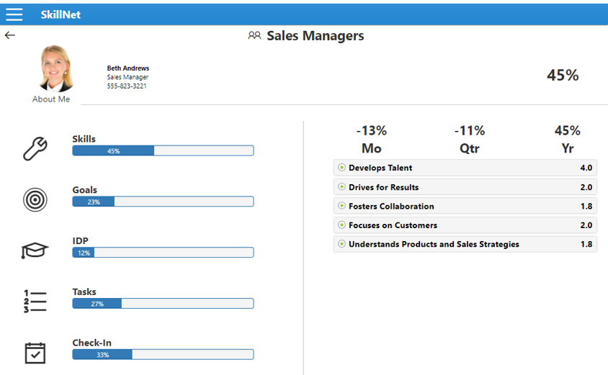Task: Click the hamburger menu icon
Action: click(x=14, y=14)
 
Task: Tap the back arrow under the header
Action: click(x=10, y=35)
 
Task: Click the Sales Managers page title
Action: click(x=315, y=36)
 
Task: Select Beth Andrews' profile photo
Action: click(x=55, y=68)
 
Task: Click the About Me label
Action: click(x=51, y=99)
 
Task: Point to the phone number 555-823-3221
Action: click(x=127, y=86)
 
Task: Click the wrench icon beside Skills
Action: click(x=35, y=148)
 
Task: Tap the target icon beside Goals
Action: click(x=35, y=199)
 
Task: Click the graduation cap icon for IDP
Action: click(x=35, y=250)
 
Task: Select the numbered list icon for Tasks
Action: click(x=35, y=301)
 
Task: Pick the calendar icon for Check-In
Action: click(x=35, y=353)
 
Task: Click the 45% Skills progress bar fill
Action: click(x=113, y=151)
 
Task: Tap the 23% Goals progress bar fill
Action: click(x=94, y=202)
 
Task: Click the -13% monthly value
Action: click(x=371, y=131)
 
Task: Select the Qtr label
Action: click(x=469, y=149)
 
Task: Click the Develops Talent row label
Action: click(x=380, y=168)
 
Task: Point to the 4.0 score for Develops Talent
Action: click(x=586, y=168)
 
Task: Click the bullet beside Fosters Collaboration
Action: click(x=342, y=207)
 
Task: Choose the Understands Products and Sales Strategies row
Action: click(x=434, y=245)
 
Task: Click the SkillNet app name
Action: click(x=61, y=14)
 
